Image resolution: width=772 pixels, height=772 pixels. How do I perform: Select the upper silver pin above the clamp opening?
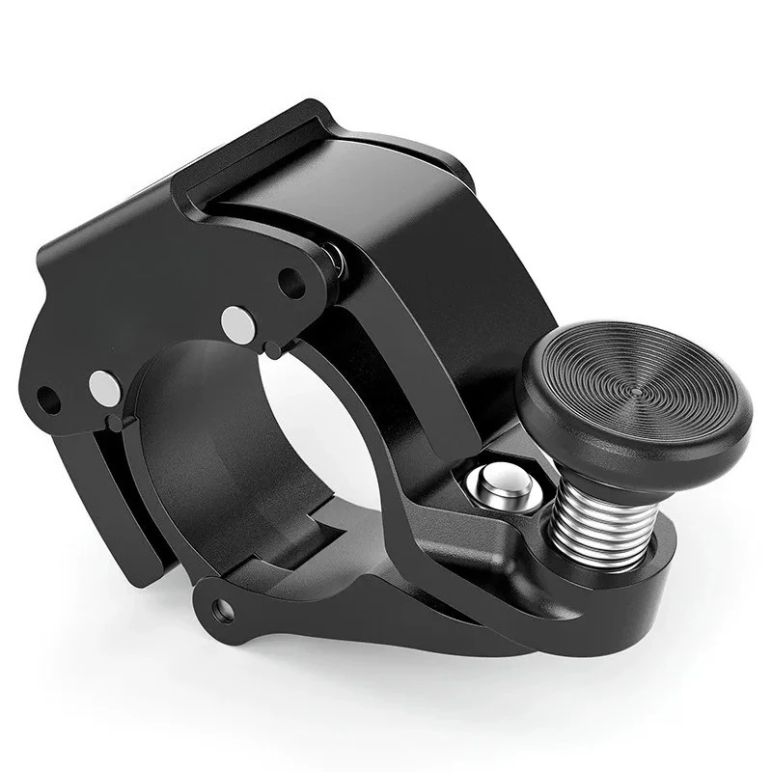point(237,323)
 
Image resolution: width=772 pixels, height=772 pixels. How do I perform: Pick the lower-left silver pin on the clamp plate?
point(105,388)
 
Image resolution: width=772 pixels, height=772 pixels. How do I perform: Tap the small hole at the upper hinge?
point(290,282)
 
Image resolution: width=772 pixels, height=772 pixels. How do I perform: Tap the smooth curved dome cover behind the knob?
point(415,222)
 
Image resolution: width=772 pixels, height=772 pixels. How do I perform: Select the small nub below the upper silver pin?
point(274,349)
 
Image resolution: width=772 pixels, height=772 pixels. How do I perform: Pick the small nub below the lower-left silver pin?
point(117,423)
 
